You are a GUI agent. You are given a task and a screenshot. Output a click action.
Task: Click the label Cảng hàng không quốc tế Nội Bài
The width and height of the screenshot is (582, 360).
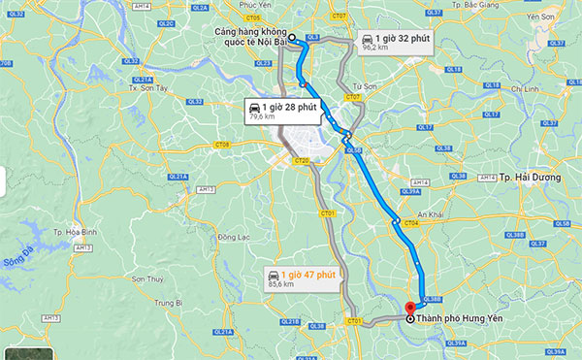[249, 35]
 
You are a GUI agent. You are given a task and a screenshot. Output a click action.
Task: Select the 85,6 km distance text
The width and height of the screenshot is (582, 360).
[282, 285]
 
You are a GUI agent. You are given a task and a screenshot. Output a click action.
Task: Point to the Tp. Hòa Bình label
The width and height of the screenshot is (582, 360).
[72, 233]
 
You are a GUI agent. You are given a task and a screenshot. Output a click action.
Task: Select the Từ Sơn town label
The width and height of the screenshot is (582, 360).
[365, 86]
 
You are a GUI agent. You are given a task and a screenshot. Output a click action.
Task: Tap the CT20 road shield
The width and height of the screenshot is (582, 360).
[301, 160]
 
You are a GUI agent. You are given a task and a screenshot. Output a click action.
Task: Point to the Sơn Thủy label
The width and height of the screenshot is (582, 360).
[150, 278]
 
